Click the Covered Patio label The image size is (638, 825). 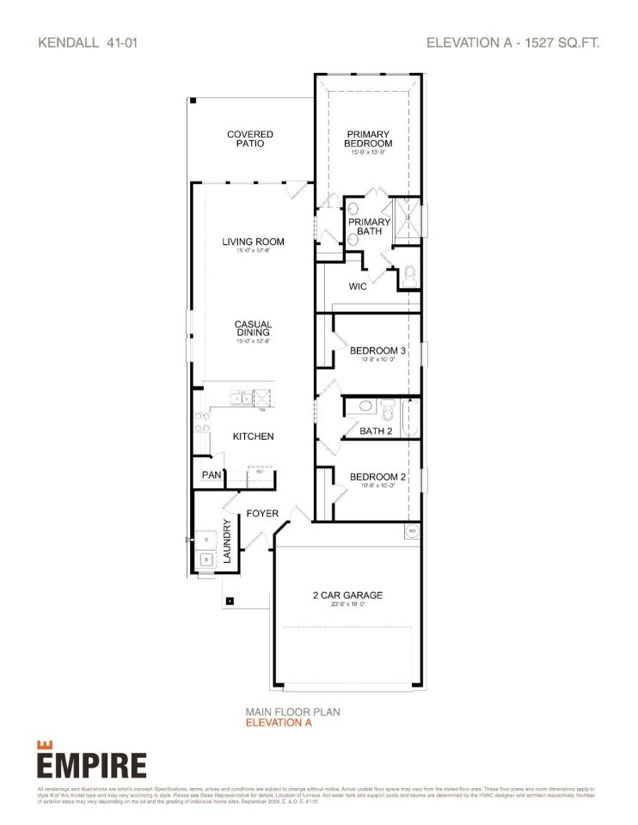[250, 139]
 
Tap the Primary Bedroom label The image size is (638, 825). [368, 139]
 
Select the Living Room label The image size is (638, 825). [253, 241]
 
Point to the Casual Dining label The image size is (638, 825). [254, 328]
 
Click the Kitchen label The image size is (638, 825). [254, 437]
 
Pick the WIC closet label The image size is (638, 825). [358, 286]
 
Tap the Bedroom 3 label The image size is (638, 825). [377, 351]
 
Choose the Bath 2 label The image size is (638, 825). [376, 431]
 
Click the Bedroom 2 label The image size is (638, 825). [377, 477]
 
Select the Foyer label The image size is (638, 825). [262, 514]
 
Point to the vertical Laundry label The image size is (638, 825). [228, 541]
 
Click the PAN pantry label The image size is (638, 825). [211, 474]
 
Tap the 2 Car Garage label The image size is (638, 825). [348, 596]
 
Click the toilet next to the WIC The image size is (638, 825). [409, 276]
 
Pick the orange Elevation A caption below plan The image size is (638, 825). [279, 723]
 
